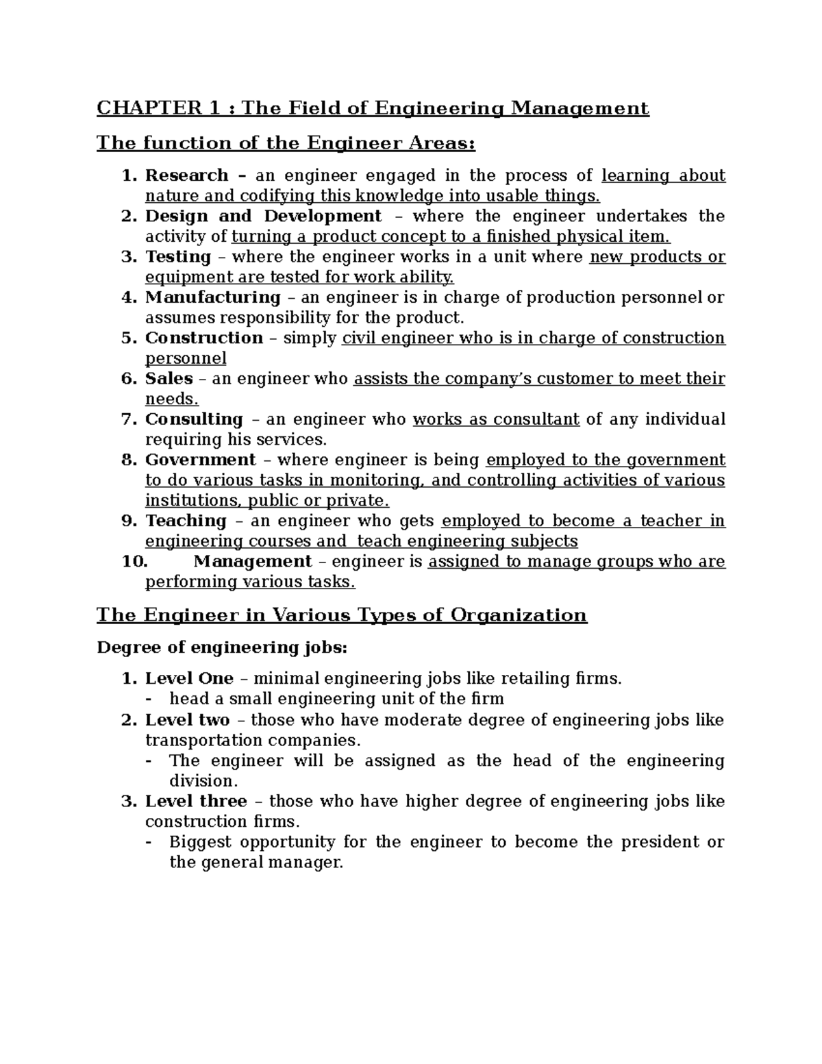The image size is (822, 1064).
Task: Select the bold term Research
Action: click(x=186, y=176)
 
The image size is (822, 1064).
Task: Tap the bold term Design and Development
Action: click(x=263, y=216)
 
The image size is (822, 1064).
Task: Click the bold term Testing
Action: click(x=178, y=257)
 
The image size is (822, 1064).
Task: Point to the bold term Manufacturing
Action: click(x=212, y=297)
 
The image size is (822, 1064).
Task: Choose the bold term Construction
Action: click(x=204, y=338)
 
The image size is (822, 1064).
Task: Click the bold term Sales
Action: click(x=169, y=379)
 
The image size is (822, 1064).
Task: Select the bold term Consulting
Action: click(x=194, y=419)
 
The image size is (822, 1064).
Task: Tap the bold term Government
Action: click(x=200, y=460)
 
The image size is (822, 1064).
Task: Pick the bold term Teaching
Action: click(x=186, y=521)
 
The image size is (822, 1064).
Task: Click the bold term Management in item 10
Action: click(x=253, y=562)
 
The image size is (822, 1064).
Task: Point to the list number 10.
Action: click(x=134, y=562)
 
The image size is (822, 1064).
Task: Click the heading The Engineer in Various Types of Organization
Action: click(x=341, y=615)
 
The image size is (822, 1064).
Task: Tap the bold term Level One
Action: click(x=189, y=679)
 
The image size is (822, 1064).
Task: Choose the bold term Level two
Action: click(x=187, y=720)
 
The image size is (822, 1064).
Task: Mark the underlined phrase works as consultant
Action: click(x=496, y=419)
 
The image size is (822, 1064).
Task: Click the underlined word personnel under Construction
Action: click(x=185, y=359)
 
